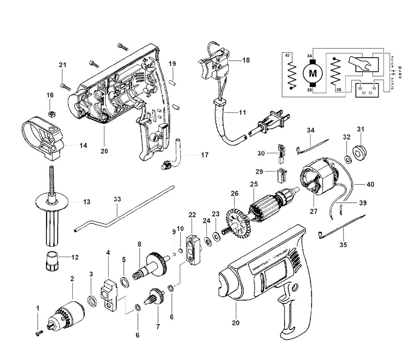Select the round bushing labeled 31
[359, 152]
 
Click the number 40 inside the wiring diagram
[287, 56]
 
